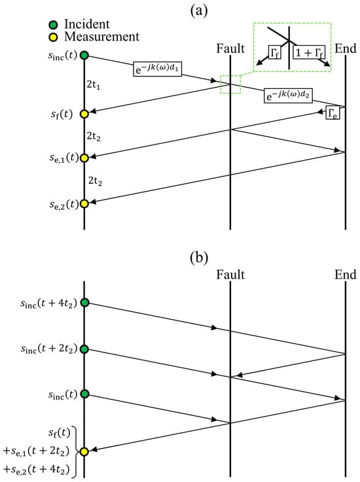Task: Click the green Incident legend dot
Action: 54,25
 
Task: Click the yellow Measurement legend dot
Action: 54,37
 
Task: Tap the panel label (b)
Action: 199,258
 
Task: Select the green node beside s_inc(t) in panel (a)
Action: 84,56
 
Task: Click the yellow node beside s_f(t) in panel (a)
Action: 84,114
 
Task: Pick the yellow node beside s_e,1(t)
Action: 84,158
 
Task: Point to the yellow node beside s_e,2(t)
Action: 84,203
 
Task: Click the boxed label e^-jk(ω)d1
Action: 157,69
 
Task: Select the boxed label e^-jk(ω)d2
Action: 288,95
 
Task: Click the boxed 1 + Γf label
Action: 309,52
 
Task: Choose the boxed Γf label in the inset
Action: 274,52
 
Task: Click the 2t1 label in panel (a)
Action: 93,84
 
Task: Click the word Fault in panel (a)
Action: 230,48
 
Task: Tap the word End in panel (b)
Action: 345,274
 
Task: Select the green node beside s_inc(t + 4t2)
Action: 84,303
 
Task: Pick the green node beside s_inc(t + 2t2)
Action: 84,349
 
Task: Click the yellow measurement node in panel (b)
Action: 84,451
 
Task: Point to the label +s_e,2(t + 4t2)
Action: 36,470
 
